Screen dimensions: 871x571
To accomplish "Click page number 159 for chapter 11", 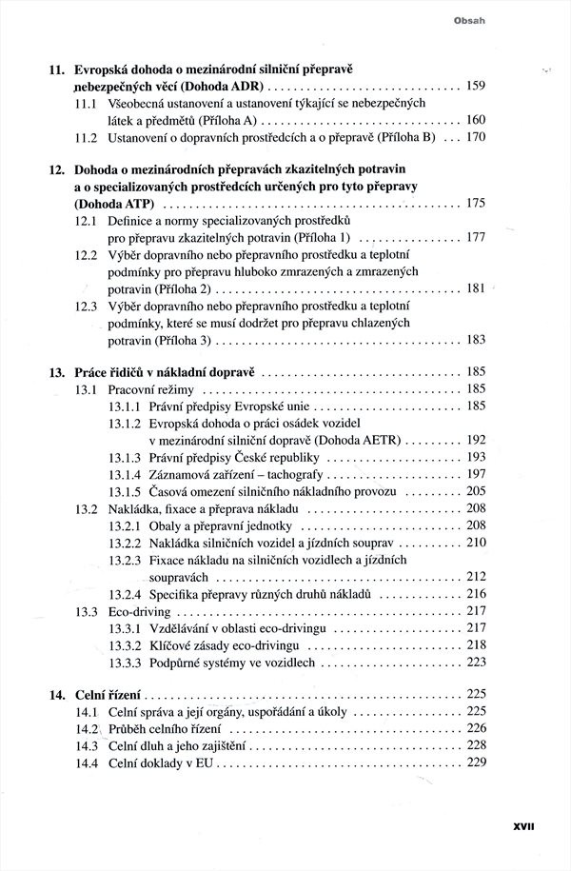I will click(x=476, y=87).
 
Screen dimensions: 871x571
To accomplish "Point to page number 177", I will click(x=476, y=238).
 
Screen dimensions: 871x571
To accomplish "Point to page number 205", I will click(x=476, y=491).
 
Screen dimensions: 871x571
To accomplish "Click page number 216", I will click(x=476, y=594).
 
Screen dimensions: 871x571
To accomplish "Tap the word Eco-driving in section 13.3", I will click(x=139, y=611).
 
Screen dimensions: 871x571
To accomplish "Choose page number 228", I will click(x=476, y=746).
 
